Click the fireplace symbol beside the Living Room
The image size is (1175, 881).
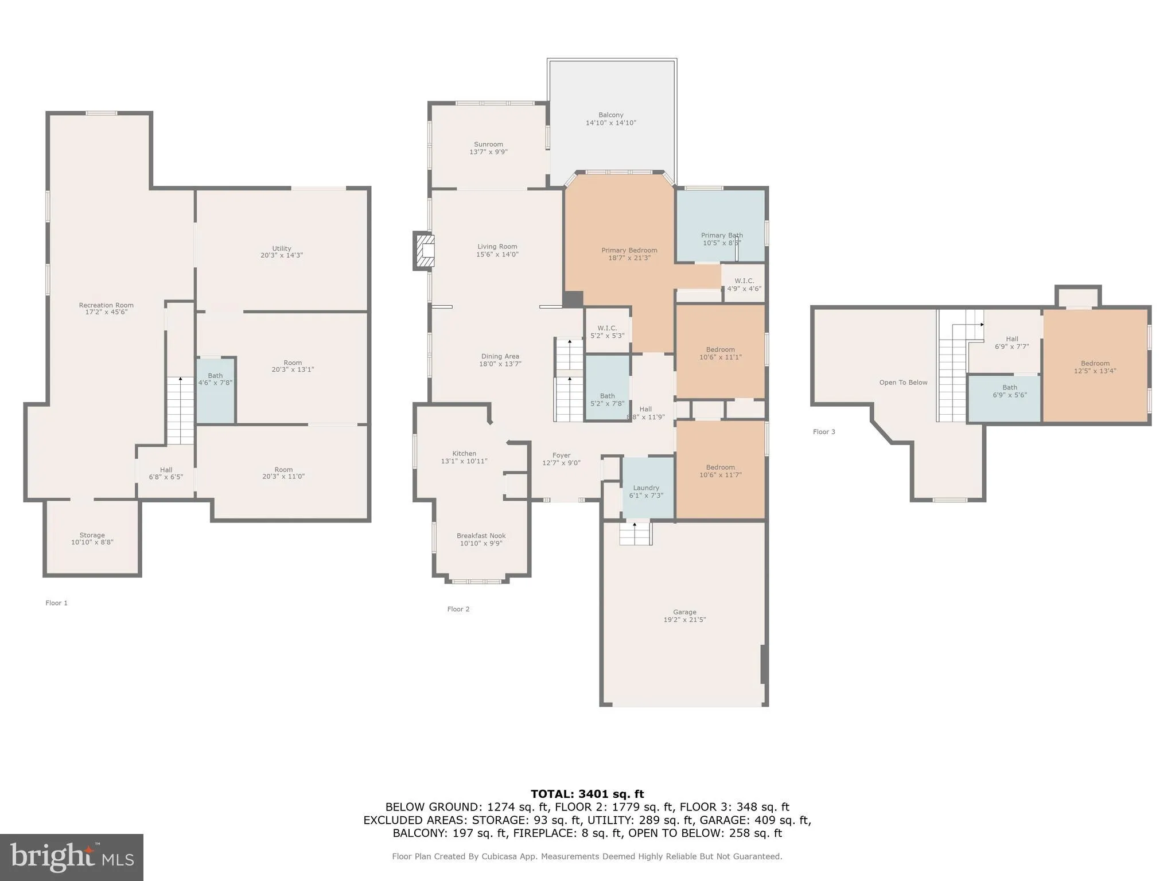tap(424, 251)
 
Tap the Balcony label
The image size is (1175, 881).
tap(610, 115)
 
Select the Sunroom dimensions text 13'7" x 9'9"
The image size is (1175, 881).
tap(488, 152)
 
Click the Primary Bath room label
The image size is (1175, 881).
tap(721, 235)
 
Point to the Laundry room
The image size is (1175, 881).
tap(647, 488)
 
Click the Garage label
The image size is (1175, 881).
tap(684, 612)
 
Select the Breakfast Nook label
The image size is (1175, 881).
tap(481, 536)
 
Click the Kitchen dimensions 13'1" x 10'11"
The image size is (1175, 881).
tap(464, 461)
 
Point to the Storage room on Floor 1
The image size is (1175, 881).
tap(92, 539)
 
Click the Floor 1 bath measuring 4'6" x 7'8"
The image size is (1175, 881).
tap(215, 390)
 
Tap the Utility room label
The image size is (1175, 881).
tap(282, 248)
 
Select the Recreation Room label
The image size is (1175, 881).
tap(106, 305)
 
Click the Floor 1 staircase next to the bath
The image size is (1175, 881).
tap(180, 410)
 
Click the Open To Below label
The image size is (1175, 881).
tap(903, 383)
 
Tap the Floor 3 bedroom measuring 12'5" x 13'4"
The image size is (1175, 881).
tap(1095, 367)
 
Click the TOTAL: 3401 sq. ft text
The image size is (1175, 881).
tap(587, 794)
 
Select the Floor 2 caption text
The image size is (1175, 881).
tap(458, 609)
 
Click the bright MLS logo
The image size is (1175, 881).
tap(72, 857)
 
